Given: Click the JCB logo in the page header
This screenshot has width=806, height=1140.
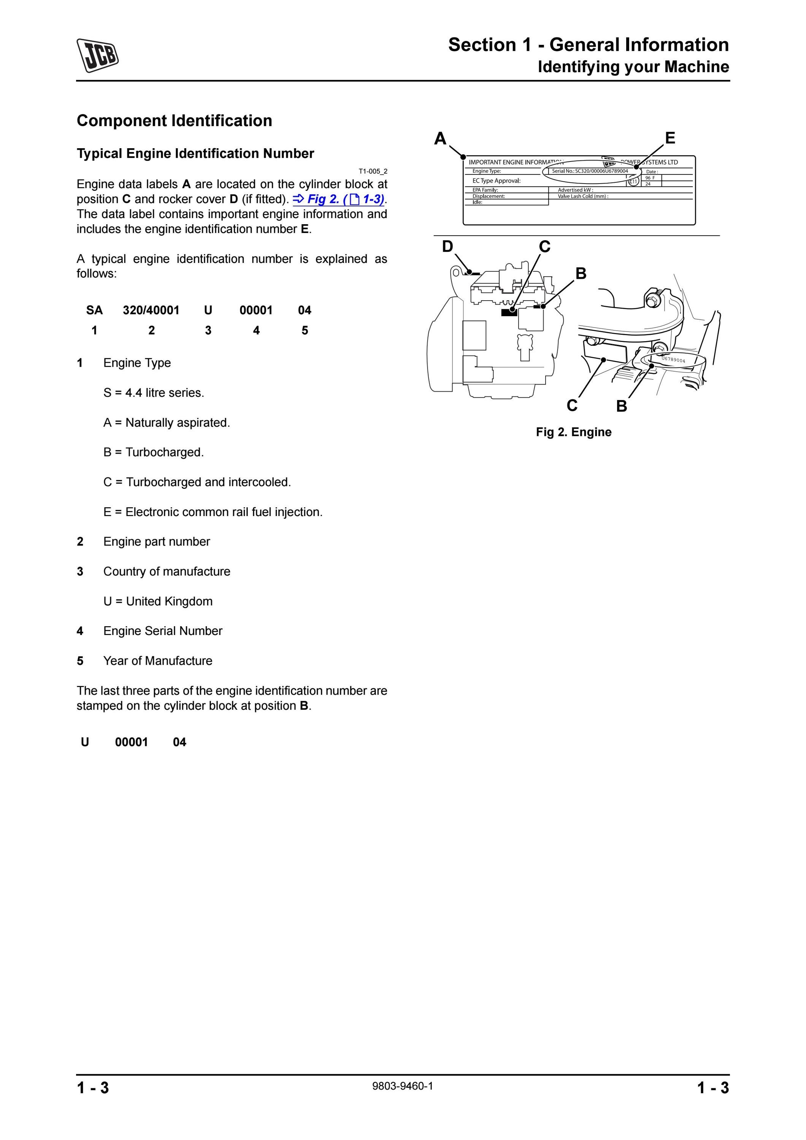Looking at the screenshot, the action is tap(97, 55).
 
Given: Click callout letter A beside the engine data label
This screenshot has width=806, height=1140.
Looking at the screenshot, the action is tap(440, 139).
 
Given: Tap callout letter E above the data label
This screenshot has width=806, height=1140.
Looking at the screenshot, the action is tap(670, 138).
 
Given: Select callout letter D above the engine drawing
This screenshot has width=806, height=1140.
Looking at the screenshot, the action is tap(447, 246).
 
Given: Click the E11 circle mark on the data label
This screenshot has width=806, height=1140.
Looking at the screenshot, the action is tap(633, 181).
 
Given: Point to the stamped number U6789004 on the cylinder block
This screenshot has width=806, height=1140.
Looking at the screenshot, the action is tap(673, 359).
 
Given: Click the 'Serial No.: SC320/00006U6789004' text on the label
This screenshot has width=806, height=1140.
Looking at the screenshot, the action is tap(590, 171).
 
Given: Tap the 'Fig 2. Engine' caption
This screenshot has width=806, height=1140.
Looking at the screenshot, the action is tap(574, 432).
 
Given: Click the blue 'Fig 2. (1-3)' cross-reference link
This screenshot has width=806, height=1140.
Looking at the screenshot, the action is tap(339, 199).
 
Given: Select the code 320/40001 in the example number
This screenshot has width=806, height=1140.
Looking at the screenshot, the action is tap(151, 310).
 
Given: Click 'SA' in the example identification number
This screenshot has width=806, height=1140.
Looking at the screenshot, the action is tap(94, 310).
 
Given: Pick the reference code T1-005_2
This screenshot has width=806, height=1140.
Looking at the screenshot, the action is tap(373, 171).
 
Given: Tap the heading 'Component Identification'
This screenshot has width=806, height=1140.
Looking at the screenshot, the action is tap(174, 121).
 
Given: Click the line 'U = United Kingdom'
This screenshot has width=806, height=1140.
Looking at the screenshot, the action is tap(158, 601).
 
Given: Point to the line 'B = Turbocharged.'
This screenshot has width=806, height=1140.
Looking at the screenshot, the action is tap(154, 452).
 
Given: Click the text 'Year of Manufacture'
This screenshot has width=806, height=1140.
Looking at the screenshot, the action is tap(158, 661).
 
